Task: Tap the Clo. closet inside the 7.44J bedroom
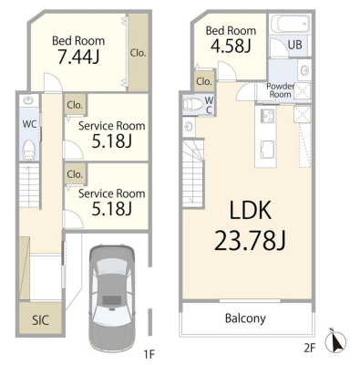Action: click(139, 53)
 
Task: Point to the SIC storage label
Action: click(41, 320)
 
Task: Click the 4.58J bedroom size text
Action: click(229, 46)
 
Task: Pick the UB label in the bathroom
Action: click(295, 45)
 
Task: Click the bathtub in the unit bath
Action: click(292, 24)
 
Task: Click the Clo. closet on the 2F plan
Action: click(204, 81)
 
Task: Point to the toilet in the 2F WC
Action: click(192, 104)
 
